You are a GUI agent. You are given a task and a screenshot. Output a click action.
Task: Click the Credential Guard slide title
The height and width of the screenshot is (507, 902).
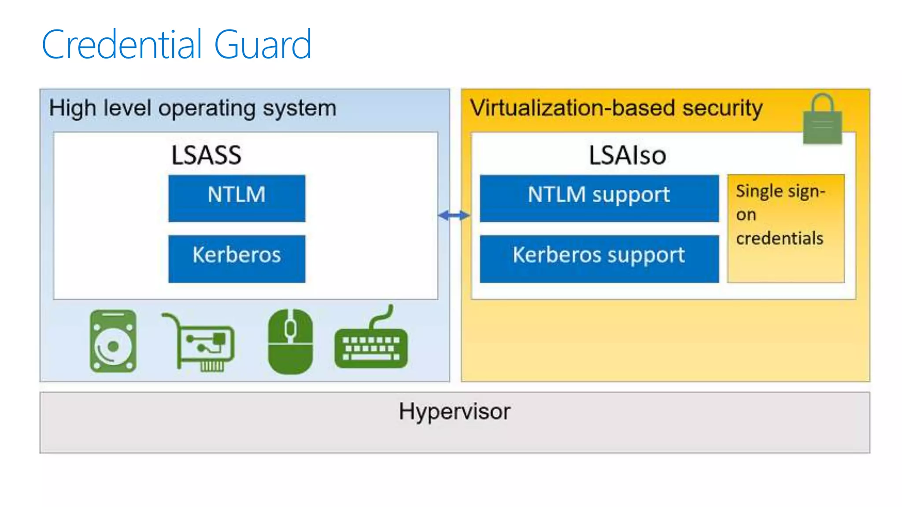[177, 44]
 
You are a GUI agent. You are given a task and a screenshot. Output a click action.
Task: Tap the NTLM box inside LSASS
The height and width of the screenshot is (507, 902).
[237, 198]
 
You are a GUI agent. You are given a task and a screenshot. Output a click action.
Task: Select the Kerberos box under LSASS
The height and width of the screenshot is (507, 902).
[237, 258]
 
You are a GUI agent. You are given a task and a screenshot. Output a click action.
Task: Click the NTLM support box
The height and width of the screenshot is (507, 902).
[599, 198]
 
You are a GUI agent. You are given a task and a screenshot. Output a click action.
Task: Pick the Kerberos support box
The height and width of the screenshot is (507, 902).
[599, 258]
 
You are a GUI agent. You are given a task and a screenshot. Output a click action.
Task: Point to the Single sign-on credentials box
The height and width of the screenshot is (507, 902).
[786, 228]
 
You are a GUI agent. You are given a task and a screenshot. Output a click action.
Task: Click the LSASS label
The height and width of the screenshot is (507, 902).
[206, 155]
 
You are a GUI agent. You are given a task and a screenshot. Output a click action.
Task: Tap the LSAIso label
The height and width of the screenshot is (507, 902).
[627, 155]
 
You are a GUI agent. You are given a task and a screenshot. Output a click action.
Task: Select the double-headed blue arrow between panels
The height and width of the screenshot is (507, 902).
[454, 215]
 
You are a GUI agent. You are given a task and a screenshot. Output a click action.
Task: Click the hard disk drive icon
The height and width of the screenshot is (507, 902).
[113, 341]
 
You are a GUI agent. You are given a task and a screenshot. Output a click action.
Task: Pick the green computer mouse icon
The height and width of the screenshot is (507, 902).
[290, 342]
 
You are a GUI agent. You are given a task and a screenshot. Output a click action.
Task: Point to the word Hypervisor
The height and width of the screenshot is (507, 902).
[455, 412]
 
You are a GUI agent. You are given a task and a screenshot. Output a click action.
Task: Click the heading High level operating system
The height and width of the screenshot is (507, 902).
[192, 108]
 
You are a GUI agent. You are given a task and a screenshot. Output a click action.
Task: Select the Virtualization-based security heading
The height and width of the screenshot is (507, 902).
[616, 108]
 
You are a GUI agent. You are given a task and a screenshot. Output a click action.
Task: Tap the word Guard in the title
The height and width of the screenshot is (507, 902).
[263, 44]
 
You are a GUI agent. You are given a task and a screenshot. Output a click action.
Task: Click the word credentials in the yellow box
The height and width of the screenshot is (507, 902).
[780, 238]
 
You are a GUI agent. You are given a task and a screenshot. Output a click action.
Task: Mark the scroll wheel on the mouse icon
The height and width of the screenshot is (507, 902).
[290, 328]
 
